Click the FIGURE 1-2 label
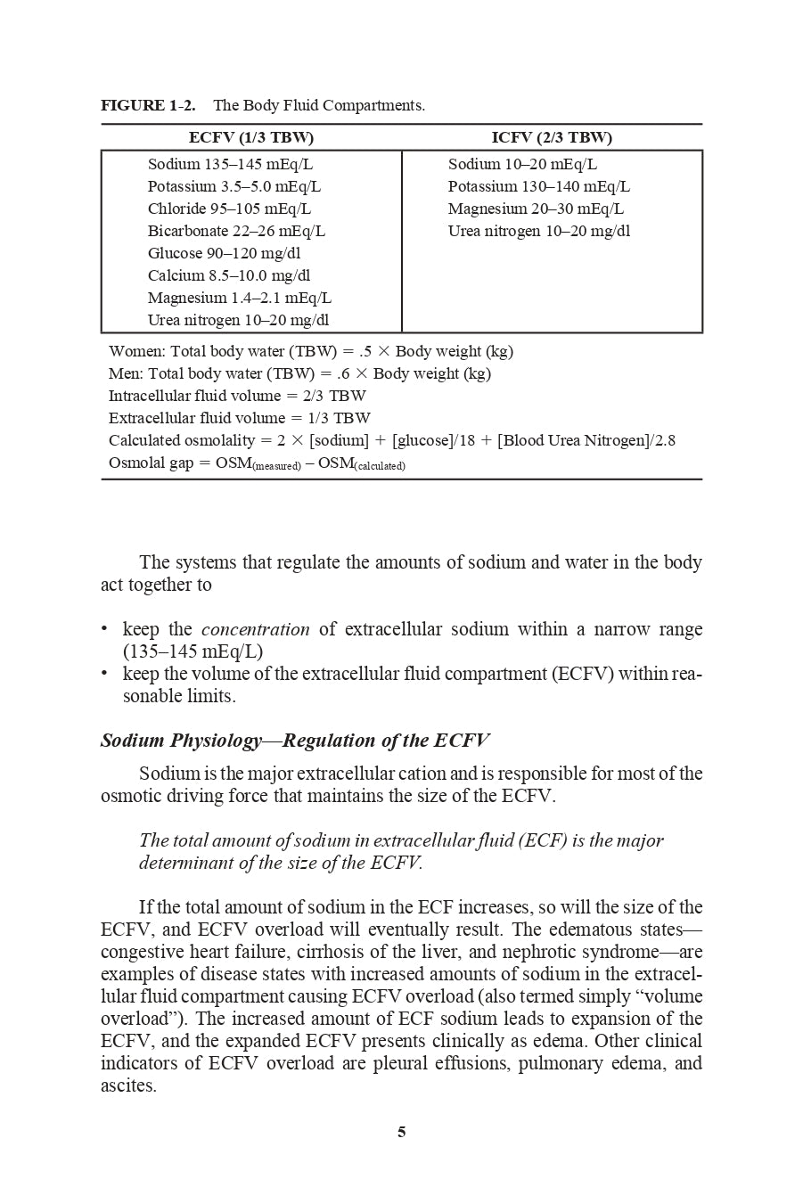[148, 105]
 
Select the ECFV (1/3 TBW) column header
[251, 137]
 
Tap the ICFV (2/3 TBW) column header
[552, 137]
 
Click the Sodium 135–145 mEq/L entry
[230, 164]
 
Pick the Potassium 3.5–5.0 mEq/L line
[234, 186]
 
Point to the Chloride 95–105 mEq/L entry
[229, 209]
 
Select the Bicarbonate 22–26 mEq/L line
[236, 231]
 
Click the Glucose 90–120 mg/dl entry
[225, 253]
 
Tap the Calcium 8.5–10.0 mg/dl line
[229, 275]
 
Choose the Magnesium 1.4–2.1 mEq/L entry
[240, 298]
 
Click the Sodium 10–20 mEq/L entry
[522, 164]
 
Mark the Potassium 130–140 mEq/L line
[538, 186]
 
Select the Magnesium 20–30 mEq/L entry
[536, 209]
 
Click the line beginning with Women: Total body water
[311, 351]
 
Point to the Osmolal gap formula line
[257, 463]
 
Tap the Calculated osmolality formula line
[392, 440]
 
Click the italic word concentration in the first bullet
[256, 629]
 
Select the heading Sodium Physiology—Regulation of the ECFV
[295, 741]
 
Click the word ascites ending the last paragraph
[128, 1085]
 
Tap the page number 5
[401, 1132]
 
